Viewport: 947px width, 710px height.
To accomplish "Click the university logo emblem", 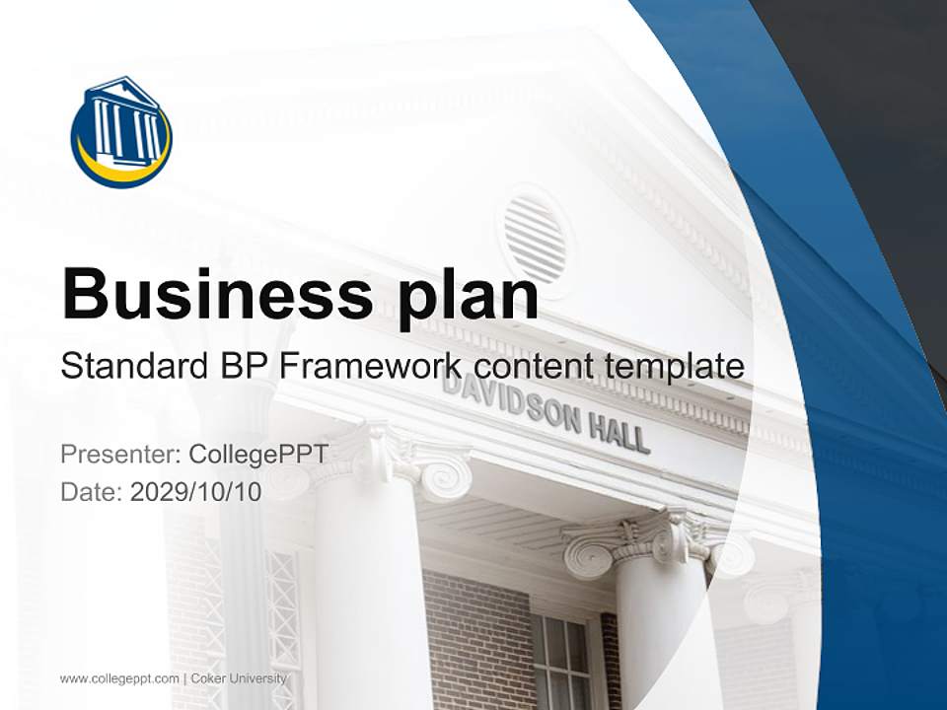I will pyautogui.click(x=121, y=132).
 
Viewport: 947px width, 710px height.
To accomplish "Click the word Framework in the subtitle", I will pyautogui.click(x=371, y=367).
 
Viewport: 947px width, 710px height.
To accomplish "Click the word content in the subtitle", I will pyautogui.click(x=534, y=367).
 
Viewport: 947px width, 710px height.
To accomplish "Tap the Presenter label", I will pyautogui.click(x=118, y=455).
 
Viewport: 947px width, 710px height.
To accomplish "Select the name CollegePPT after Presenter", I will pyautogui.click(x=257, y=455).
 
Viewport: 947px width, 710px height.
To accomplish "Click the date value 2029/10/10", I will pyautogui.click(x=195, y=492).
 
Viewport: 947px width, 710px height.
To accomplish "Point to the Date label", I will pyautogui.click(x=92, y=492).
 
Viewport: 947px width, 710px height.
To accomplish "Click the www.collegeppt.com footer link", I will pyautogui.click(x=119, y=678).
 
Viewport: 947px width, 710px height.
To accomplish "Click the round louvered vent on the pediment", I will pyautogui.click(x=536, y=238).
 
